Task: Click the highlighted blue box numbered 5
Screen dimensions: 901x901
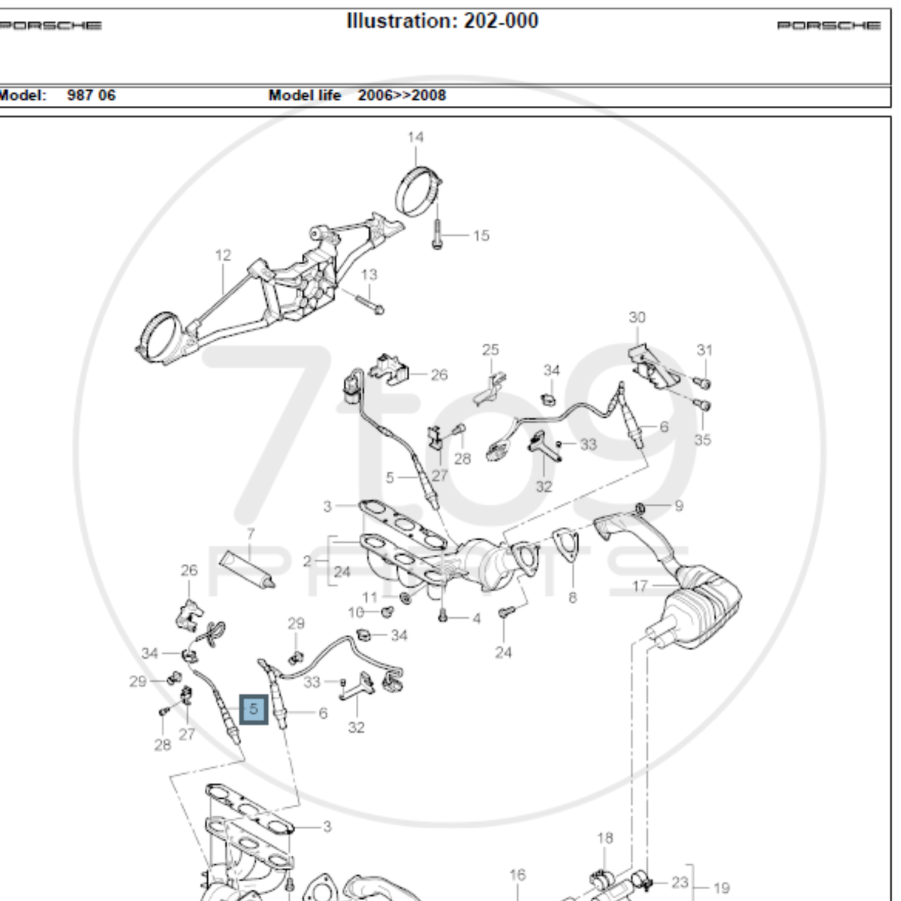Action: point(254,709)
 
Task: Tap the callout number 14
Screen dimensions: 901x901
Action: point(415,137)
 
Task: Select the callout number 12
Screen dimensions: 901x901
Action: point(223,256)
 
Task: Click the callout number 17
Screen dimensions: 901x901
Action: point(640,586)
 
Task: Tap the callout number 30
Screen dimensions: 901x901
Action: point(637,318)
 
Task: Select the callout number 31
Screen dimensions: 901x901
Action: point(704,350)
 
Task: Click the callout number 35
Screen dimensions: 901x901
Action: point(702,439)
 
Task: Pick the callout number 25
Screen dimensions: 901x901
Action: point(490,350)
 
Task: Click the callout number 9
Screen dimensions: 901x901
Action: point(679,506)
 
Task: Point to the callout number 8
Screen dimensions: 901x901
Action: point(573,598)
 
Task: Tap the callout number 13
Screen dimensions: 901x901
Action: point(369,275)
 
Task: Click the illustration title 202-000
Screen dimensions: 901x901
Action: point(442,21)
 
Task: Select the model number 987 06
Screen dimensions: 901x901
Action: point(92,95)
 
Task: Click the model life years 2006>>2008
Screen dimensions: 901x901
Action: point(401,95)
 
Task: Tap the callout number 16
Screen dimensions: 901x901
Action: point(517,875)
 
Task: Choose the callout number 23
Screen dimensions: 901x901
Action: point(680,883)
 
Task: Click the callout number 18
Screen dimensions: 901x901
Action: point(605,838)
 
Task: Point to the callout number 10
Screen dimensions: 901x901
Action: point(356,612)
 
